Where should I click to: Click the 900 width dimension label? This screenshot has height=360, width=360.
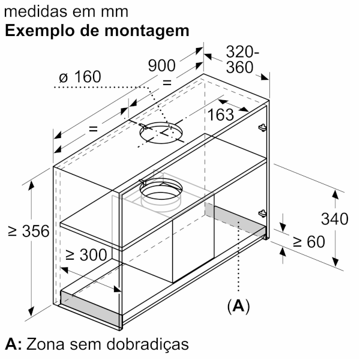tap(161, 65)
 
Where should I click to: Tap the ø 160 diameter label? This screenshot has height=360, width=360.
tap(80, 77)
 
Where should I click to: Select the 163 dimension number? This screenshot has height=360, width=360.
tap(221, 115)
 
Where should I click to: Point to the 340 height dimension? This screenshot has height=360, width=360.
tap(335, 219)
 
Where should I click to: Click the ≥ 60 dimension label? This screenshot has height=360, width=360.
tap(309, 242)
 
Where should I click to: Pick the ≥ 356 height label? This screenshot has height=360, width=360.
tap(28, 231)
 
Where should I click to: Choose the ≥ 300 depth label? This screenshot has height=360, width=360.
tap(86, 254)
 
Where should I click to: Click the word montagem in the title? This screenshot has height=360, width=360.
tap(147, 31)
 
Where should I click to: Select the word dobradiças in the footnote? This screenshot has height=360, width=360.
tap(148, 344)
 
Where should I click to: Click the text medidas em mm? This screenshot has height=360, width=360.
tap(66, 11)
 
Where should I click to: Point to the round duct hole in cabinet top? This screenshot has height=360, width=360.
tap(161, 133)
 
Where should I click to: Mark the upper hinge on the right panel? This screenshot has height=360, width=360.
tap(262, 127)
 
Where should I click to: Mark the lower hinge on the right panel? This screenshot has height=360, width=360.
tap(262, 214)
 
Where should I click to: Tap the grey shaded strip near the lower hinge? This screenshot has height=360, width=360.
tap(235, 220)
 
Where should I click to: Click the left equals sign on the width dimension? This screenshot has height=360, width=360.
tap(93, 129)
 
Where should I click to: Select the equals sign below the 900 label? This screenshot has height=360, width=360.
tap(167, 83)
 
